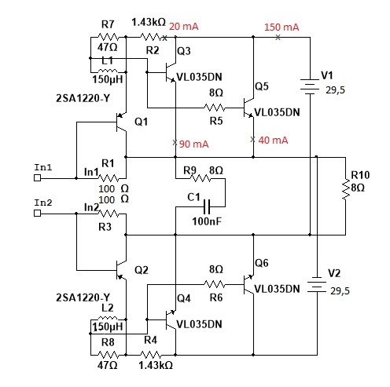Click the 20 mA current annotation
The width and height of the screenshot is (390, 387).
pos(184,27)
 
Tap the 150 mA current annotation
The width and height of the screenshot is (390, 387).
pos(281,27)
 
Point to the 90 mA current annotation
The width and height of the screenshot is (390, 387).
pos(194,144)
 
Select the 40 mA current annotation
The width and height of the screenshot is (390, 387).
pos(273,141)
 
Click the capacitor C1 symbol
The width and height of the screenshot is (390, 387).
pos(207,206)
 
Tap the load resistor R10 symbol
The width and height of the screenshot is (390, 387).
pos(346,189)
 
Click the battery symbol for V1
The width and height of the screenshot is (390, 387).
pos(310,86)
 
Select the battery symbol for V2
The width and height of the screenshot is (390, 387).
pos(317,285)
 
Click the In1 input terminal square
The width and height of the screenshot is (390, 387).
pos(38,178)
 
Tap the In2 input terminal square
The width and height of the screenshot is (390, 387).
pos(38,214)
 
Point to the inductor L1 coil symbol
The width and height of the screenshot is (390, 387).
pos(108,71)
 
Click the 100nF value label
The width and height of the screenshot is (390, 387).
pos(207,221)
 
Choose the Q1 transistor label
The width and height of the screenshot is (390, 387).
pos(141,122)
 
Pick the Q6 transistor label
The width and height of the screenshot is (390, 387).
pos(262,263)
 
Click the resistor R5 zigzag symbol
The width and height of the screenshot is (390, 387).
pos(215,108)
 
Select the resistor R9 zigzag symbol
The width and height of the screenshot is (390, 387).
pos(201,178)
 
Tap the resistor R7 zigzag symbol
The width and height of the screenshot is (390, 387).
pos(108,37)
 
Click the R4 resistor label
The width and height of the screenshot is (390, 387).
pos(151,340)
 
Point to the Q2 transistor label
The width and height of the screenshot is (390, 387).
pos(142,270)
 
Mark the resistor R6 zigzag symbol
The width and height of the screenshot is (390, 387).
pos(215,284)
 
